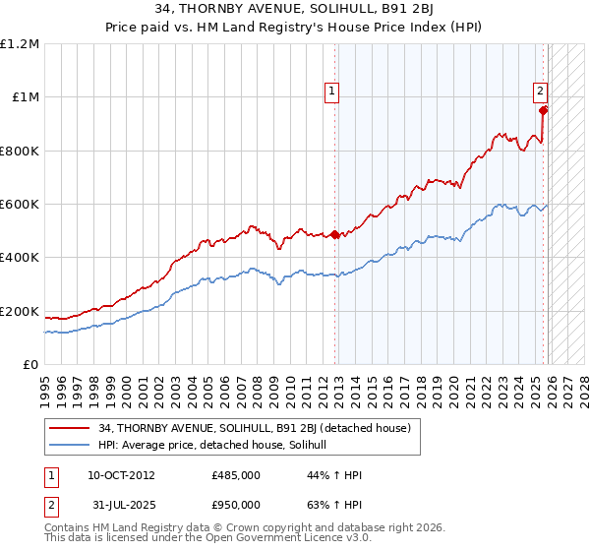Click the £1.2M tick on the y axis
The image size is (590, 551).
(21, 43)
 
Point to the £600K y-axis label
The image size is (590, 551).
(21, 205)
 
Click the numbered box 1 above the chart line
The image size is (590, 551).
(333, 92)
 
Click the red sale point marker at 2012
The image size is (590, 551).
(334, 235)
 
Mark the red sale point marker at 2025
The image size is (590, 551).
(543, 110)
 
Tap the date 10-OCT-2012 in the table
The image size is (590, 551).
(121, 475)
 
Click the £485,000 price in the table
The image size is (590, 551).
(235, 475)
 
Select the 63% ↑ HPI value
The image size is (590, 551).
(334, 505)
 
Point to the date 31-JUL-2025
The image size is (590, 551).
(120, 505)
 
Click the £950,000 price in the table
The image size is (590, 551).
(235, 505)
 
